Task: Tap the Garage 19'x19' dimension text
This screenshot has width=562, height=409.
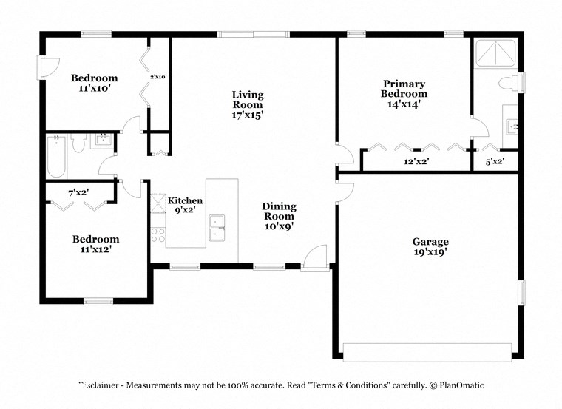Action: [430, 252]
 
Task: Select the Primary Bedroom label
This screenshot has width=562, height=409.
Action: [404, 89]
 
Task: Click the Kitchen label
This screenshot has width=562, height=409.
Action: [185, 200]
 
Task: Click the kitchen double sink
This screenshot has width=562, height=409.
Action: [217, 229]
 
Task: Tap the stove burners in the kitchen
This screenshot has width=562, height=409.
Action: [158, 235]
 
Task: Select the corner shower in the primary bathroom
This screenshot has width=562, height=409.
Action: [495, 53]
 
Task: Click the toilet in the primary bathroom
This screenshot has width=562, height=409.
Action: [509, 83]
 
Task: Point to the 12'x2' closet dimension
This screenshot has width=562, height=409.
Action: [416, 160]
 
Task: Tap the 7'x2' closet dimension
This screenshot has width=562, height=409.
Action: [78, 192]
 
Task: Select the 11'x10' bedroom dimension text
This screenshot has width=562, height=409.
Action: [95, 88]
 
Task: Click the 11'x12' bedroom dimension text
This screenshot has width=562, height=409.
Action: [95, 249]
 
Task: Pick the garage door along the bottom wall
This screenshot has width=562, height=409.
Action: [428, 352]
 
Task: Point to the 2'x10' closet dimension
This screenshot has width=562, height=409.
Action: [159, 77]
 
